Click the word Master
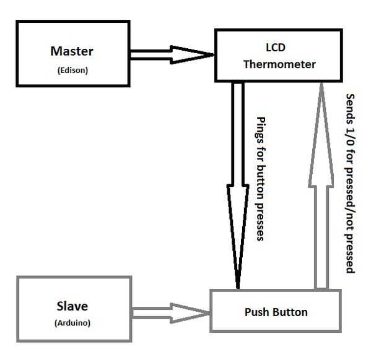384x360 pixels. tap(72, 51)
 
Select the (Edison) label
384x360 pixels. tap(72, 70)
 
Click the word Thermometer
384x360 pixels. tap(279, 64)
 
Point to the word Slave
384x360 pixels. tap(72, 306)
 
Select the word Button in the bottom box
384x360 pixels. tap(289, 312)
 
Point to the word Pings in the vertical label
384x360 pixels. tap(260, 128)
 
